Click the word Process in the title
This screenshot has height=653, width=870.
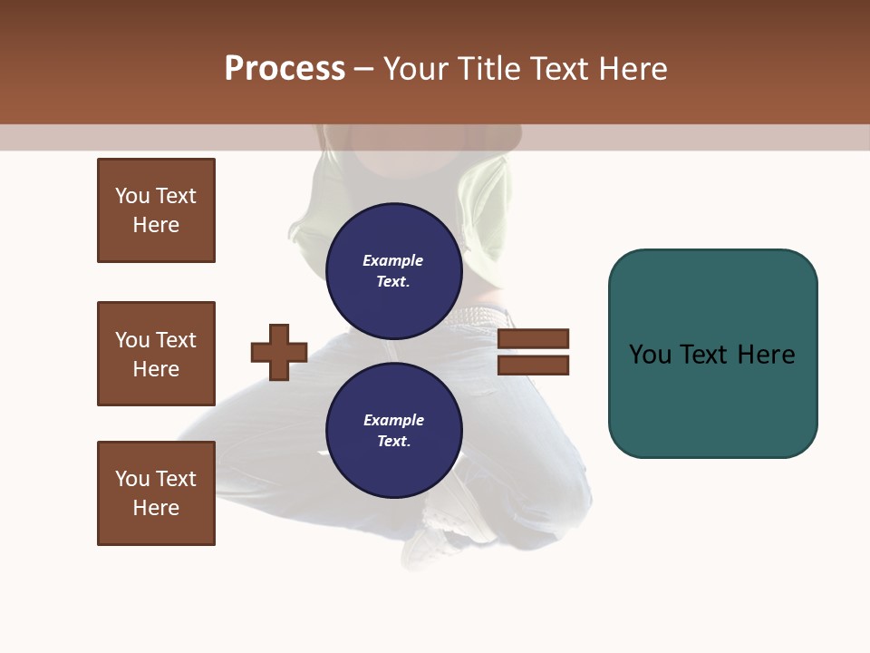(285, 69)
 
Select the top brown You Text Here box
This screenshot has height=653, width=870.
(156, 210)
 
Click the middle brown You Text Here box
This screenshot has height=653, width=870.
(156, 354)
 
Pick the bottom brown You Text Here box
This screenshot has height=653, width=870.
(156, 493)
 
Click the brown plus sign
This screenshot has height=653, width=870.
(279, 352)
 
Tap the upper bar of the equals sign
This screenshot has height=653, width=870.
(533, 338)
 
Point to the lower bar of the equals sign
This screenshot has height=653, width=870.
(533, 365)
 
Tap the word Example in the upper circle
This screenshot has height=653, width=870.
(392, 260)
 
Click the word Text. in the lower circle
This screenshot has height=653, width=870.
(393, 442)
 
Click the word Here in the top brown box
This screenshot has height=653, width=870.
(156, 225)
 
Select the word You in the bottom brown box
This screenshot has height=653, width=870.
(132, 479)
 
